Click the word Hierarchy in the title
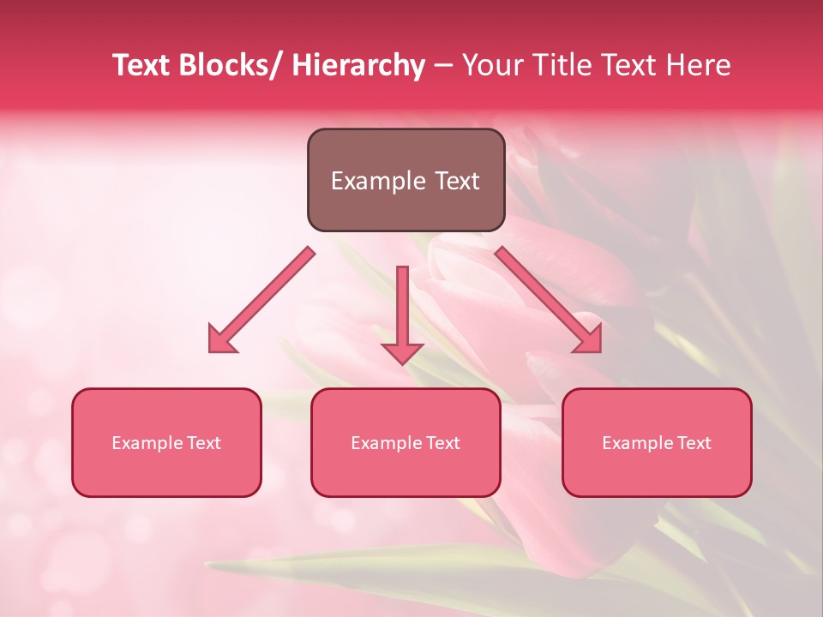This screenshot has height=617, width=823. point(357,65)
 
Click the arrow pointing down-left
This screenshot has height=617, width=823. point(262,299)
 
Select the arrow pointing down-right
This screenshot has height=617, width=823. point(548,299)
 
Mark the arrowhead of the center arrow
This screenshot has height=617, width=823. point(402,352)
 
